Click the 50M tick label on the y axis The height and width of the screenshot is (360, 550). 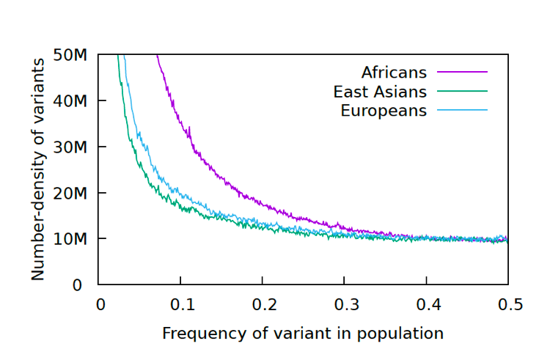click(71, 55)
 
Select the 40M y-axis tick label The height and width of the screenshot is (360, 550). click(71, 100)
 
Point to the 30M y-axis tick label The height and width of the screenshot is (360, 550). click(71, 147)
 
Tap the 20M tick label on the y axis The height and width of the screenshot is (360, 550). click(71, 193)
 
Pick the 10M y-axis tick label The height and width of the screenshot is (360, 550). click(71, 239)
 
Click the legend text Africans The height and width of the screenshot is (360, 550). click(393, 73)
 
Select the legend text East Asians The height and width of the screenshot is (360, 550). click(379, 92)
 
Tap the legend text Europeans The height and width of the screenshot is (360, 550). click(384, 111)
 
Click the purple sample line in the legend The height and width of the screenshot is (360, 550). click(463, 72)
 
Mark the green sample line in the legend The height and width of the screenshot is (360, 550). click(463, 91)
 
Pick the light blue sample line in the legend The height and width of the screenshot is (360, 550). click(463, 110)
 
